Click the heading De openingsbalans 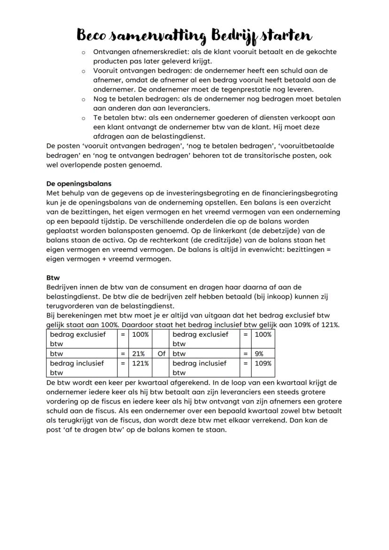(x=79, y=183)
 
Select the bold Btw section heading (x=53, y=278)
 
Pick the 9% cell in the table (x=259, y=354)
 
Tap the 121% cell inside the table (x=139, y=363)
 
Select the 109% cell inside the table (x=262, y=363)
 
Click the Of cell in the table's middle (x=161, y=354)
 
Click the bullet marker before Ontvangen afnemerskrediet (x=83, y=52)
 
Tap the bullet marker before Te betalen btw (x=83, y=118)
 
